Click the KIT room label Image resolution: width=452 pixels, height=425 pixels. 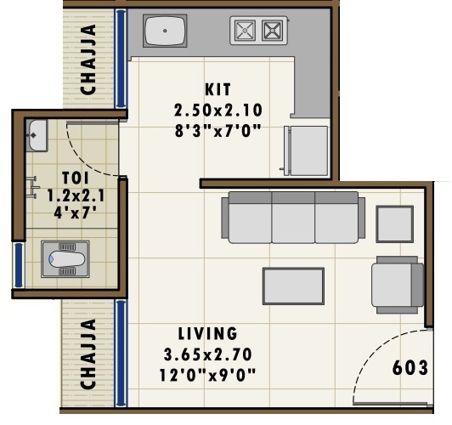[x=218, y=89]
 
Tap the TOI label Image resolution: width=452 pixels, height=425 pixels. [x=72, y=178]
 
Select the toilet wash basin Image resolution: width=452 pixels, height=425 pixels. [x=37, y=133]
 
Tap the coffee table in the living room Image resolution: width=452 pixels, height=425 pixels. [x=293, y=286]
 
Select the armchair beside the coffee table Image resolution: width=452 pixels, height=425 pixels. [x=397, y=284]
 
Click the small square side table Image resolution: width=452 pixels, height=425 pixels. [x=394, y=224]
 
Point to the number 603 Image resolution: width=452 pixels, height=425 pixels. [x=410, y=368]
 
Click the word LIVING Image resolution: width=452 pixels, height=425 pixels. [x=207, y=333]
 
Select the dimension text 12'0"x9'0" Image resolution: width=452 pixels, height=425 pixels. [x=207, y=373]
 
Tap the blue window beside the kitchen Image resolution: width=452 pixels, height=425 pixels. [x=121, y=59]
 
